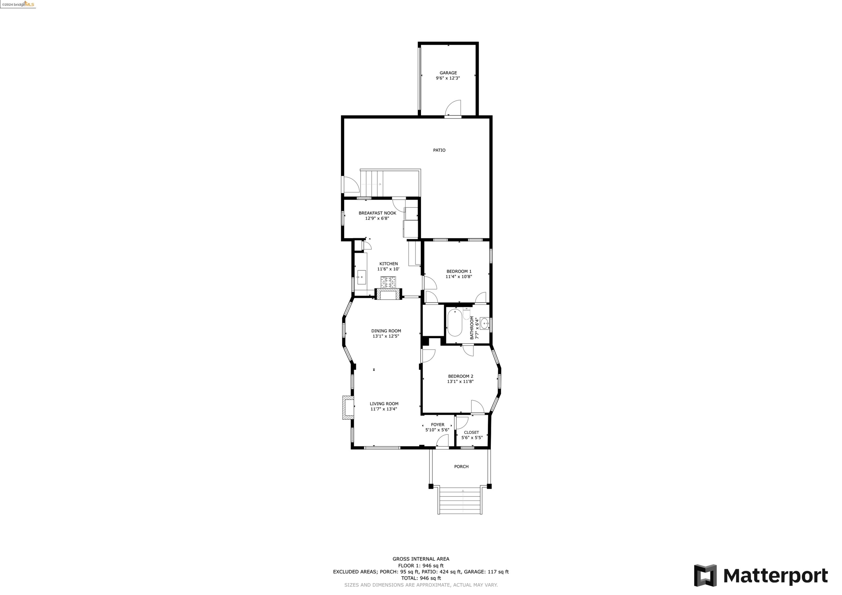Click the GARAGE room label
point(448,73)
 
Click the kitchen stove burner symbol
point(388,282)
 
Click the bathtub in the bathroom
point(455,323)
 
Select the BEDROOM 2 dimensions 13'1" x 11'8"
point(460,382)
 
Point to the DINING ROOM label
point(386,331)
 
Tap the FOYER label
point(437,425)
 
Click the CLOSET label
point(471,433)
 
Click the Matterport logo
point(761,576)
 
